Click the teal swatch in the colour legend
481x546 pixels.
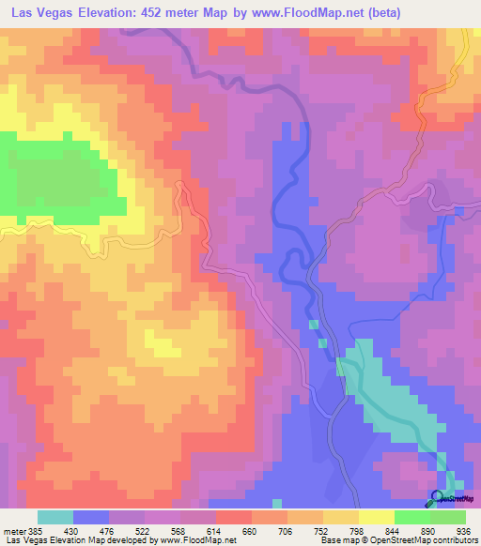pyautogui.click(x=55, y=517)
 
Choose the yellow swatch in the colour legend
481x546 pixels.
pyautogui.click(x=376, y=517)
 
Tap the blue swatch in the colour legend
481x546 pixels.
pyautogui.click(x=91, y=517)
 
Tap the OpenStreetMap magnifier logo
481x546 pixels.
pyautogui.click(x=438, y=498)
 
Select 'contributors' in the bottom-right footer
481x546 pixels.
pyautogui.click(x=453, y=540)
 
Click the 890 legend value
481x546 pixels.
pyautogui.click(x=418, y=530)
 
